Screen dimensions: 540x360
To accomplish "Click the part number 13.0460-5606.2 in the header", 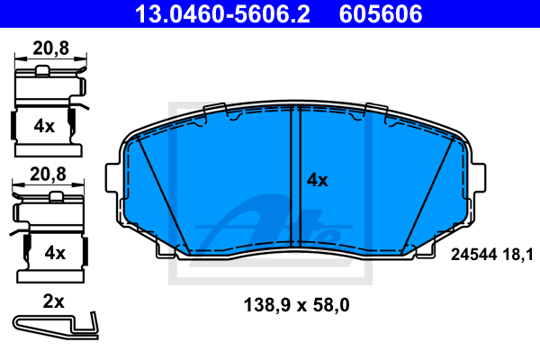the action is click(x=222, y=13).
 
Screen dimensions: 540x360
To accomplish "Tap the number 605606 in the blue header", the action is click(x=381, y=13).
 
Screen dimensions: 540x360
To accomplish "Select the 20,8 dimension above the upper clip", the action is click(x=51, y=49).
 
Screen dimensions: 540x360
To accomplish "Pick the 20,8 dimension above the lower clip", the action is click(x=48, y=175).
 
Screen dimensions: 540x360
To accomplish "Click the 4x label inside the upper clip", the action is click(x=44, y=126).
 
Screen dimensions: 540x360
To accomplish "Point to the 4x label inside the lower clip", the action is click(x=55, y=253).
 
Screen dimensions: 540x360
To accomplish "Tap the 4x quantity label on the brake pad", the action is click(x=318, y=180).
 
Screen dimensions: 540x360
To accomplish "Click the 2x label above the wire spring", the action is click(x=53, y=301).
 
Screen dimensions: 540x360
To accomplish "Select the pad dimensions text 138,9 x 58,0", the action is click(x=296, y=305).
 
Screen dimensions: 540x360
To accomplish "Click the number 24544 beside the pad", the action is click(x=474, y=255).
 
